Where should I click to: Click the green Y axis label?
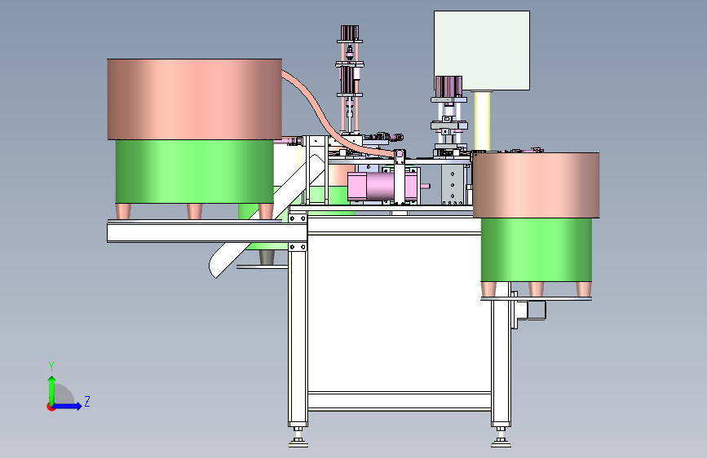click(x=51, y=367)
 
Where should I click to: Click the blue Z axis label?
click(x=87, y=401)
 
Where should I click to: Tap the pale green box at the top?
click(x=482, y=51)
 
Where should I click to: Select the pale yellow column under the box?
click(x=482, y=121)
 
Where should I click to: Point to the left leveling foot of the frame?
click(x=298, y=438)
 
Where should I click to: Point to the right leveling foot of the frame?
click(x=501, y=438)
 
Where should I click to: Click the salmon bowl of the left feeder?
click(x=194, y=99)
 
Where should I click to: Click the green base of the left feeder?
click(x=194, y=172)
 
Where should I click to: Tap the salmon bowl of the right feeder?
click(x=536, y=185)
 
